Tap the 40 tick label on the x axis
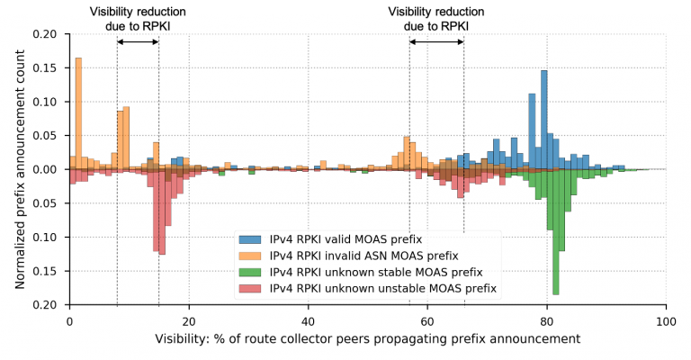tap(308, 319)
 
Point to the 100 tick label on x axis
tap(665, 319)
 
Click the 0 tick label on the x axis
tap(69, 319)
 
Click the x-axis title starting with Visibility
tap(367, 338)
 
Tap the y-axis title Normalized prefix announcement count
tap(20, 169)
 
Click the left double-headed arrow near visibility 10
tap(138, 41)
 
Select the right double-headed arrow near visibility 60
tap(436, 41)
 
